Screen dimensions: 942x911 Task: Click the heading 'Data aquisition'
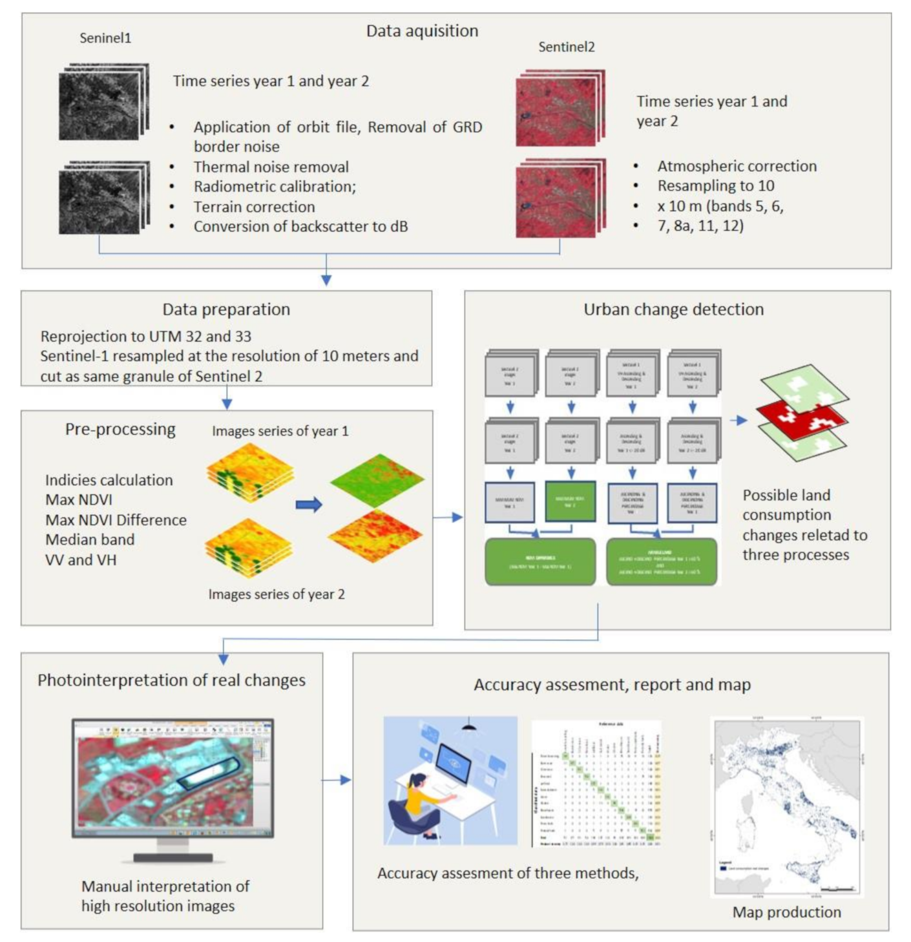point(422,30)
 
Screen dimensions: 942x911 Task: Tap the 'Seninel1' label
point(105,38)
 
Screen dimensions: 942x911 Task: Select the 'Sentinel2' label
point(566,47)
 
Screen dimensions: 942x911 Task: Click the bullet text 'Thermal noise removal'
point(271,167)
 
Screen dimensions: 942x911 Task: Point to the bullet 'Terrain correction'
point(254,207)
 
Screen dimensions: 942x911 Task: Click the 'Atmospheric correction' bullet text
point(737,166)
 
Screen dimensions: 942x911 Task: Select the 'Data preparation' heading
point(226,309)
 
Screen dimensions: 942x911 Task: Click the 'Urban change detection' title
point(673,309)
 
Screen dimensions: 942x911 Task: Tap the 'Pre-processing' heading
point(120,429)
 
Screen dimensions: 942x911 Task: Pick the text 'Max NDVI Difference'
point(116,519)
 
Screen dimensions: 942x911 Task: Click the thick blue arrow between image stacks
point(309,505)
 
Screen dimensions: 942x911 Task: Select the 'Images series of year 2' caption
point(277,594)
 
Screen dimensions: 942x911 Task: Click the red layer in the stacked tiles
point(801,416)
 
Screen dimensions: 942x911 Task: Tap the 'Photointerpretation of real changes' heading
point(171,680)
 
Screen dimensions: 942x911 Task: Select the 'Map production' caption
point(786,912)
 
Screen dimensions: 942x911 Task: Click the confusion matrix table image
point(596,783)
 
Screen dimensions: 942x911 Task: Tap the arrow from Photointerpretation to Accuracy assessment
point(337,780)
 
